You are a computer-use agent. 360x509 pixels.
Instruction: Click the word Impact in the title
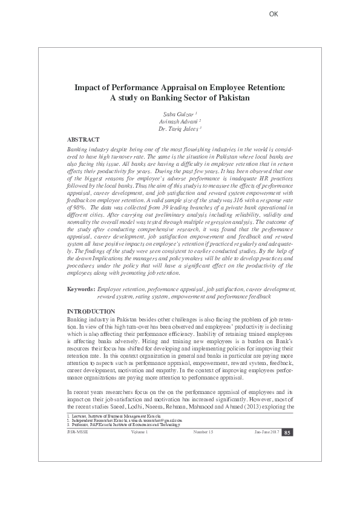[x=88, y=87]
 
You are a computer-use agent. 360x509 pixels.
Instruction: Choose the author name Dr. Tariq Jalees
[x=180, y=129]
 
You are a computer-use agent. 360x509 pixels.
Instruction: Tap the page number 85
[x=288, y=431]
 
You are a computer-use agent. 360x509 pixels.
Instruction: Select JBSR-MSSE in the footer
[x=76, y=431]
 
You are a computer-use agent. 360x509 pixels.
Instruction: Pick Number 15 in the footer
[x=203, y=431]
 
